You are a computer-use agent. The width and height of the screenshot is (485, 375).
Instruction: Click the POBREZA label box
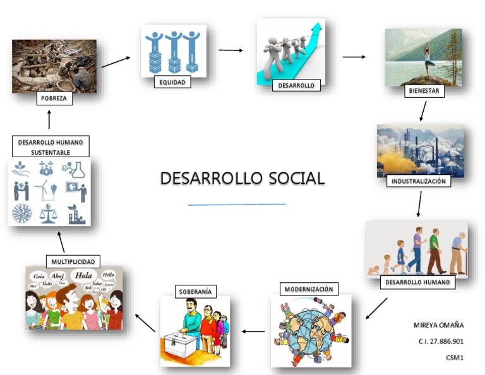(54, 98)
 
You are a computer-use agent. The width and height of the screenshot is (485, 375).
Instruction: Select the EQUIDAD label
(172, 81)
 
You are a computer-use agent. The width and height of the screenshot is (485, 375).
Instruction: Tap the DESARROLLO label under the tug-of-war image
(296, 85)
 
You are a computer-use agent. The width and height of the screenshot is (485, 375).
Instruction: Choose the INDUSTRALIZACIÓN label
(419, 181)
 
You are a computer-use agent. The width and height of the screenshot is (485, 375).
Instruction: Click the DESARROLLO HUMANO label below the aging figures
(417, 282)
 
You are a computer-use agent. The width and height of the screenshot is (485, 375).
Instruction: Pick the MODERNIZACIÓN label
(309, 289)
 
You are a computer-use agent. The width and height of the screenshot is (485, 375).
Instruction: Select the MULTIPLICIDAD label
(73, 261)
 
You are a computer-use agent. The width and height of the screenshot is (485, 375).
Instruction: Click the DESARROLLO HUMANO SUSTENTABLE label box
(51, 146)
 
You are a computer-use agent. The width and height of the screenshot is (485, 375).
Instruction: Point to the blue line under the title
(237, 204)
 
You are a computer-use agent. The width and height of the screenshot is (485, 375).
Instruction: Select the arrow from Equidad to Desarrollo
(231, 50)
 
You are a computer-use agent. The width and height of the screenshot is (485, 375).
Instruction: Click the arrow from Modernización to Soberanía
(254, 331)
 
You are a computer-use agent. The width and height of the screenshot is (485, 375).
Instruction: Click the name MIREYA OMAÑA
(438, 325)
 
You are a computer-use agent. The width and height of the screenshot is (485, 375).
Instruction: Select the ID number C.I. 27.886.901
(440, 341)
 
